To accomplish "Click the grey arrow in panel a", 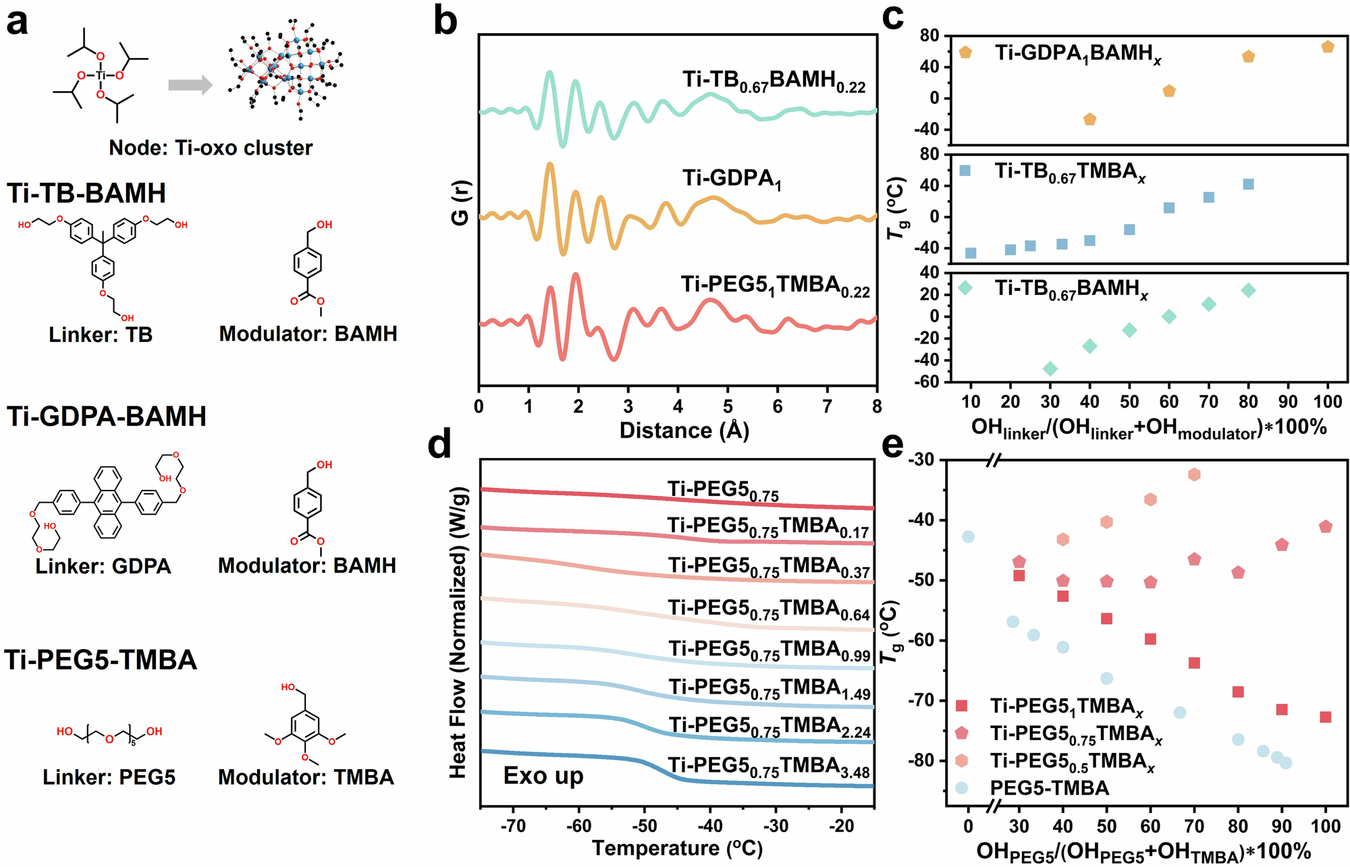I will pyautogui.click(x=190, y=85).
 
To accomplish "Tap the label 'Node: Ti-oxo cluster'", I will pyautogui.click(x=211, y=148).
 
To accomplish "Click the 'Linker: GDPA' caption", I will pyautogui.click(x=103, y=565).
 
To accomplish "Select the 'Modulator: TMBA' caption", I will pyautogui.click(x=306, y=777).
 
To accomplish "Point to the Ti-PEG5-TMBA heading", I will pyautogui.click(x=101, y=659).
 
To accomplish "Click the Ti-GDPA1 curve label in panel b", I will pyautogui.click(x=732, y=179).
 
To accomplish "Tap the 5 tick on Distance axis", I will pyautogui.click(x=728, y=406).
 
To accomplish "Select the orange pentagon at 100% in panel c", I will pyautogui.click(x=1328, y=47).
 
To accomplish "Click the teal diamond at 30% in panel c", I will pyautogui.click(x=1050, y=368).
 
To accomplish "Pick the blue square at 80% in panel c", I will pyautogui.click(x=1248, y=184).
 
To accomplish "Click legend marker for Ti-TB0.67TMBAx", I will pyautogui.click(x=965, y=171).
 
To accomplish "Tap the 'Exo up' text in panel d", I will pyautogui.click(x=543, y=775).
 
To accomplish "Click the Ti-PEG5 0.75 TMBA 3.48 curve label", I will pyautogui.click(x=769, y=766).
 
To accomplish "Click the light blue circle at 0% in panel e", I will pyautogui.click(x=968, y=536).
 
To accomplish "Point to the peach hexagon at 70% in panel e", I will pyautogui.click(x=1194, y=474).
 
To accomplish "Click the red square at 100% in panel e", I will pyautogui.click(x=1325, y=717).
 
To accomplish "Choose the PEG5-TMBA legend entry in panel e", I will pyautogui.click(x=1049, y=787).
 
